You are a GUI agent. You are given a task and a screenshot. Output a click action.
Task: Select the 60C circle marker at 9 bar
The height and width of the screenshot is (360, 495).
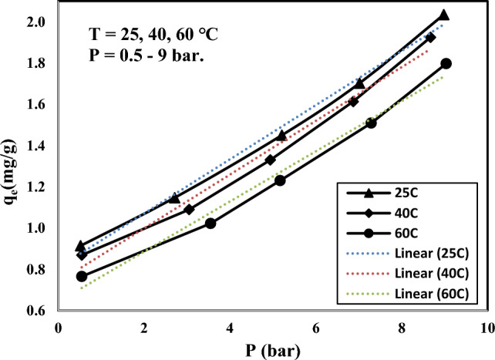point(446,63)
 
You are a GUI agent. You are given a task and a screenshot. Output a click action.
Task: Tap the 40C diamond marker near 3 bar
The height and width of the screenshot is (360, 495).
point(189,209)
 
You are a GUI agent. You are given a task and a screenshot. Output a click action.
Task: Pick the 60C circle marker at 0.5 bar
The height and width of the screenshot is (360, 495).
point(81,276)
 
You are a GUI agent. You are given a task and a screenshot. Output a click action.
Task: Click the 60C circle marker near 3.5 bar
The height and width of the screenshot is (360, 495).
point(210,224)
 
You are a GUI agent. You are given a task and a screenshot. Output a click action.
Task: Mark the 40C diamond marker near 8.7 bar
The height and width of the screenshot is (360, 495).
point(430,37)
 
